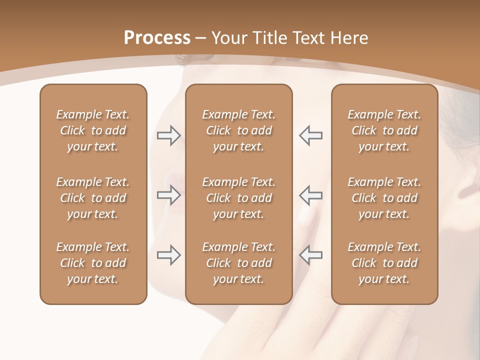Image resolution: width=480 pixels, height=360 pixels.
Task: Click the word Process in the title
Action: tap(157, 38)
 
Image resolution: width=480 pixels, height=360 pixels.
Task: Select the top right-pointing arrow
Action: tap(168, 135)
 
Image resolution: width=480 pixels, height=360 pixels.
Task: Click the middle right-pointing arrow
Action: tap(168, 195)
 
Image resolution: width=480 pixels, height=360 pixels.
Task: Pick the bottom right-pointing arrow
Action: tap(168, 255)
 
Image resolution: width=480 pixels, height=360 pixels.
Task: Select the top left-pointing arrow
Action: tap(310, 135)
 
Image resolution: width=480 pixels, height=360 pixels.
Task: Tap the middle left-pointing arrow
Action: tap(310, 195)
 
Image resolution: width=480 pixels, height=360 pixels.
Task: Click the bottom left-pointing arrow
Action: tap(310, 255)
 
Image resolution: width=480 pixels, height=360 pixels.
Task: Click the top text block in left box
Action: tap(93, 130)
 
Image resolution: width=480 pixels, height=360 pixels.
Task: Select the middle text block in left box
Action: tap(93, 198)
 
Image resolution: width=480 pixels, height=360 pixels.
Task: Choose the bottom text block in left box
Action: tap(93, 263)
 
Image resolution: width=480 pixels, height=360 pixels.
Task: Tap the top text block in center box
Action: tap(238, 130)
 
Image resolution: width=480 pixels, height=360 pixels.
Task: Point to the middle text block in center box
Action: tap(238, 198)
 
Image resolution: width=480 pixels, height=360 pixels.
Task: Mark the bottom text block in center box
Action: tap(238, 263)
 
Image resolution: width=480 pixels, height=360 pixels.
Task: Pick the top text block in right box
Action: tap(384, 130)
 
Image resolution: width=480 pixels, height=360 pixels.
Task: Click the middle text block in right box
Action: tap(384, 198)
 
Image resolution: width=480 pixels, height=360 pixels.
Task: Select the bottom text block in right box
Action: tap(384, 263)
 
